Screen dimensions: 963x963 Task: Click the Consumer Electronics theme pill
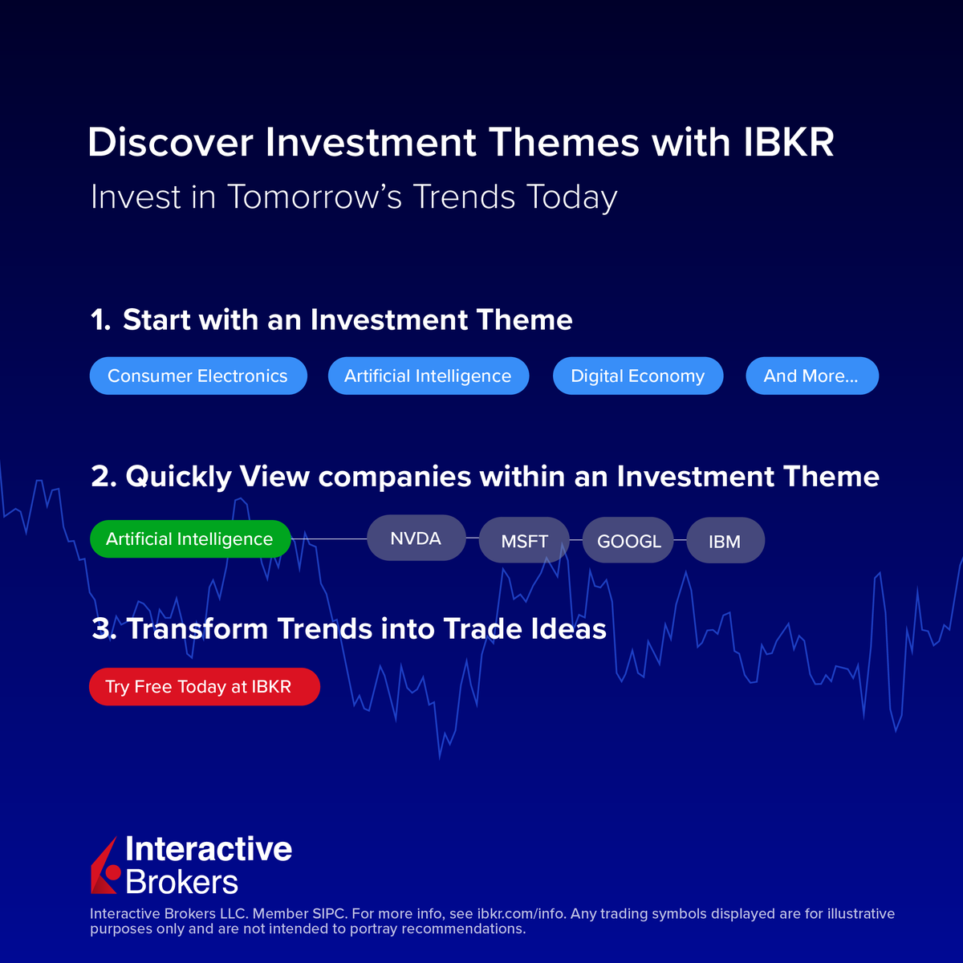click(x=197, y=376)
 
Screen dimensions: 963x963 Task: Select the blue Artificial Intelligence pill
click(x=428, y=376)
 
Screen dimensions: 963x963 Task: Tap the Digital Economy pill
click(x=637, y=376)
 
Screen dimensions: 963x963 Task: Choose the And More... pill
click(x=811, y=376)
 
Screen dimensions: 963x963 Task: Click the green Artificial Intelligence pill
click(x=189, y=538)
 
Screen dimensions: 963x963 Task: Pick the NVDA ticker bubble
click(x=416, y=538)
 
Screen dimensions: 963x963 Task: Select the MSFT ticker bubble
click(x=524, y=541)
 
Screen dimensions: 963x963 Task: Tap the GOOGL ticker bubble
click(x=628, y=541)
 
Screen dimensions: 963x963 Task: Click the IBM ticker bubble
click(x=725, y=541)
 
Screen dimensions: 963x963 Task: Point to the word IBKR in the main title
click(x=789, y=143)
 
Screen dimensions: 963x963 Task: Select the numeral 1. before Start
click(x=100, y=320)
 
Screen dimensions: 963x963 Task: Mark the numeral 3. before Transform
click(x=104, y=629)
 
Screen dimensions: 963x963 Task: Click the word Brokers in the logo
click(x=182, y=882)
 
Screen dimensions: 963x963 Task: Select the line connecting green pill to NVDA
click(x=329, y=538)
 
